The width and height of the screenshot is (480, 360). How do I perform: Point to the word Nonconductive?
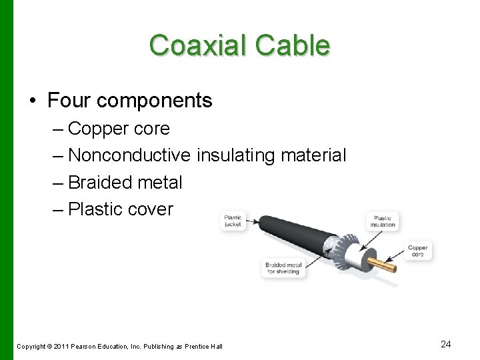(x=129, y=155)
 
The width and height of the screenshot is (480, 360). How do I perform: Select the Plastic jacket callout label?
(x=233, y=221)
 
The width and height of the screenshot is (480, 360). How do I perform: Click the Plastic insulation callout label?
(x=383, y=221)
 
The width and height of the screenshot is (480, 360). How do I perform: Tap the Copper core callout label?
(x=418, y=251)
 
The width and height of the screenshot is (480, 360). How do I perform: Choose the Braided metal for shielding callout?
(x=283, y=268)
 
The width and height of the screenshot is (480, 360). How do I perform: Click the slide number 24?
(x=446, y=344)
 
